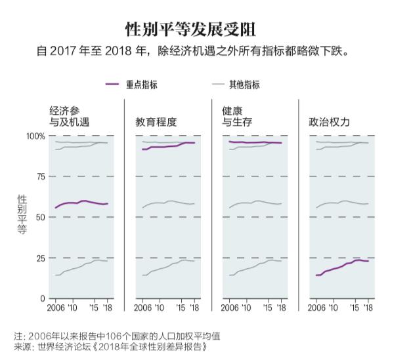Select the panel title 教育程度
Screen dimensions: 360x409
(156, 122)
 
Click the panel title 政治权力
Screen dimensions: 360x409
(330, 122)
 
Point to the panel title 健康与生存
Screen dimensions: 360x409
(238, 116)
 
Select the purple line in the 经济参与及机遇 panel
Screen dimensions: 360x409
(79, 202)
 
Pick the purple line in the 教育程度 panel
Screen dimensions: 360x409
(164, 146)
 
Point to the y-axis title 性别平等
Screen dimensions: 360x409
(22, 214)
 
